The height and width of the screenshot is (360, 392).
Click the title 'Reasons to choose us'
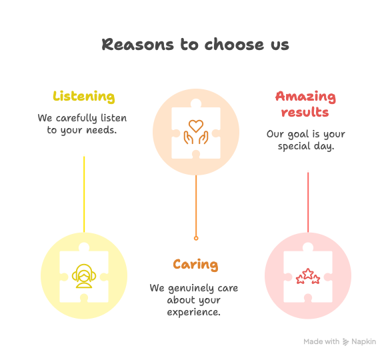pos(195,45)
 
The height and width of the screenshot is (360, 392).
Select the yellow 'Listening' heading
pos(84,97)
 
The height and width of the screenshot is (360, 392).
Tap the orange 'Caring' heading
pos(195,265)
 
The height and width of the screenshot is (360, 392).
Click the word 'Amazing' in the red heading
pos(305,97)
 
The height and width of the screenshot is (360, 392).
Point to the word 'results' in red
pos(305,112)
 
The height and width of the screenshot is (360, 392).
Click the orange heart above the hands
pos(196,126)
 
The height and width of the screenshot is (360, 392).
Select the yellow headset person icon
pos(84,276)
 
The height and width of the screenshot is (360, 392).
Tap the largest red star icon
pos(308,273)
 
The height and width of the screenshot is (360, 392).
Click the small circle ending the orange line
pos(196,238)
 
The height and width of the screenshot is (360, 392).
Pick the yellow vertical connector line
pos(84,195)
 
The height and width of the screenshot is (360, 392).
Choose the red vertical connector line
pos(308,202)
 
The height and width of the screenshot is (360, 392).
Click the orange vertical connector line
pos(196,205)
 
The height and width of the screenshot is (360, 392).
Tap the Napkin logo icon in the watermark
pos(345,342)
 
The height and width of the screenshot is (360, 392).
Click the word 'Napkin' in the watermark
pos(364,342)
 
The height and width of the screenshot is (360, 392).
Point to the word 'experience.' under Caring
pos(194,312)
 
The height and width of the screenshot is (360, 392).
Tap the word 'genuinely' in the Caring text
pos(191,288)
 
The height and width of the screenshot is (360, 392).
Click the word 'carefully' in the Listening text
pos(76,118)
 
